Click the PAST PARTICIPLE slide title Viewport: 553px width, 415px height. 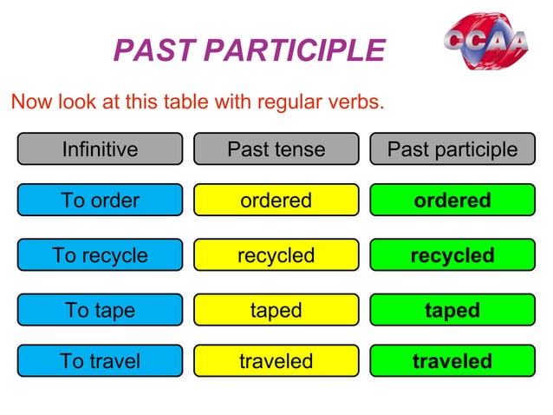249,50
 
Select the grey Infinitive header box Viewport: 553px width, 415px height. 100,149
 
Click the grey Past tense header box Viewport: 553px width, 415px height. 276,149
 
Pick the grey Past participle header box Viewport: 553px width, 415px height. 452,149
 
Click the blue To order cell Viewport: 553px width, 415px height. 100,201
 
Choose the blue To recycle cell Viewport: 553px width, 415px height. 100,255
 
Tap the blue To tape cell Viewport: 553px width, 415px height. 100,310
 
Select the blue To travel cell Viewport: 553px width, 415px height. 100,361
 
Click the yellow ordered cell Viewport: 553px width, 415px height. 276,201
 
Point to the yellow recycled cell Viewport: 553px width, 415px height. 276,255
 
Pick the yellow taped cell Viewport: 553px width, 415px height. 276,310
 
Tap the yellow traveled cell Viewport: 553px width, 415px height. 276,361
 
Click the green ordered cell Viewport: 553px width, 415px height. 452,201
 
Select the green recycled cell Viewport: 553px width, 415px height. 452,255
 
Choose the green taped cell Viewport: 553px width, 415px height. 452,310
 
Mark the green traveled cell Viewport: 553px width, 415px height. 452,361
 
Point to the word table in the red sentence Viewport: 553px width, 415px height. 190,102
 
